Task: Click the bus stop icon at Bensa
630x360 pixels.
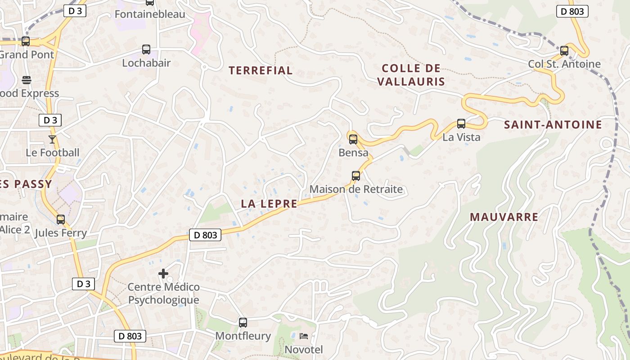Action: [353, 139]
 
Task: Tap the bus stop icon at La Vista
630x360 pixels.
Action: [461, 123]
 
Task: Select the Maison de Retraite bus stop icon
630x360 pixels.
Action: [356, 175]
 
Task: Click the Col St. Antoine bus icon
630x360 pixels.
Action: [564, 50]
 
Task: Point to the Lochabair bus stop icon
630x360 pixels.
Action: [146, 49]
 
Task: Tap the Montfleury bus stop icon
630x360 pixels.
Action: [243, 322]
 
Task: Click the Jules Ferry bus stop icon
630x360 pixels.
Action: [61, 220]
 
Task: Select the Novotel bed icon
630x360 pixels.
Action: [304, 336]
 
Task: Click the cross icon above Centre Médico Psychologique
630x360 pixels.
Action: [163, 273]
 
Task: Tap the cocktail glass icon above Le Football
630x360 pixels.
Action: [52, 139]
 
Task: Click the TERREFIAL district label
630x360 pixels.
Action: [261, 70]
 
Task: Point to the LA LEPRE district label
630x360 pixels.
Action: [269, 203]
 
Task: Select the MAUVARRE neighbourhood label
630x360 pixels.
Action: [504, 217]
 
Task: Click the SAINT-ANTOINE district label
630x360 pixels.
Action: [553, 125]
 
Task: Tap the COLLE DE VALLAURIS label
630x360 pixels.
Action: [411, 75]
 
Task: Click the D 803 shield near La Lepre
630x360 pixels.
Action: [205, 235]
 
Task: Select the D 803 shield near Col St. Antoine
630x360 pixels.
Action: [572, 11]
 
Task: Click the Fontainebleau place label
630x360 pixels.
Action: [150, 14]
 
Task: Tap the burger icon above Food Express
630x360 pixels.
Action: [27, 80]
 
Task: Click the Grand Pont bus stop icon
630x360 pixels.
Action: [26, 41]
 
